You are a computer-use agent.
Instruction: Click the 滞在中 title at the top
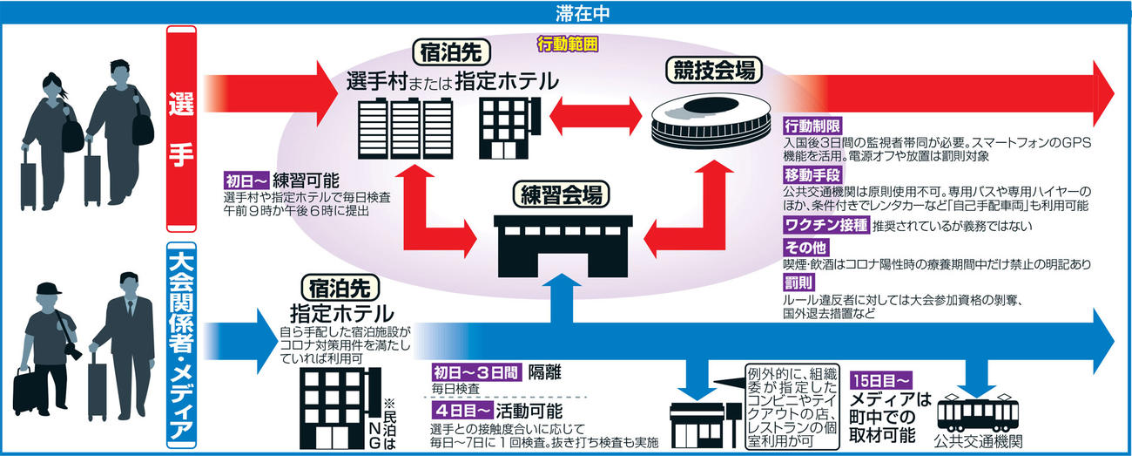(x=566, y=11)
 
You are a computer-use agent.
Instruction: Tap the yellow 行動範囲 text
(x=567, y=42)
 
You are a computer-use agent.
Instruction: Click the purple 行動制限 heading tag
(x=812, y=125)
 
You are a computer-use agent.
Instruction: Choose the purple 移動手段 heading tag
(x=812, y=175)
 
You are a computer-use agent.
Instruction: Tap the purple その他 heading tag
(x=805, y=248)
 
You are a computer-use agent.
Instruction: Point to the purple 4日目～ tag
(x=463, y=409)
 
